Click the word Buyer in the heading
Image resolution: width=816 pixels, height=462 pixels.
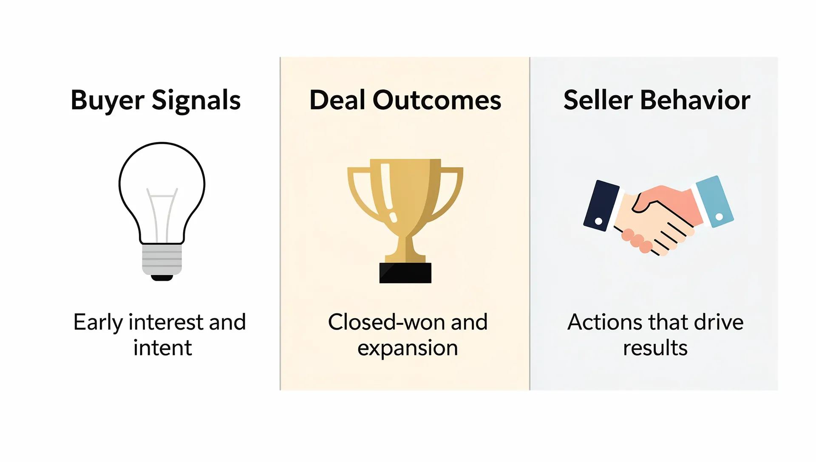[x=108, y=101]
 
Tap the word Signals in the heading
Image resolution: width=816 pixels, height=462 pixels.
[x=196, y=101]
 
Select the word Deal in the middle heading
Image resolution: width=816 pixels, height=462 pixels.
[x=337, y=101]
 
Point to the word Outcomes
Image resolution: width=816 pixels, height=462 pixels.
[x=437, y=101]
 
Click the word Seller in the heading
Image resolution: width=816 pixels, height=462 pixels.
[x=598, y=101]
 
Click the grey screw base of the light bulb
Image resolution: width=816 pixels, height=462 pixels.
[x=162, y=259]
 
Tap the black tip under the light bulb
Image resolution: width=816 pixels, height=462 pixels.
[x=162, y=278]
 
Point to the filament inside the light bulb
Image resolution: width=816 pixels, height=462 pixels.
[x=162, y=212]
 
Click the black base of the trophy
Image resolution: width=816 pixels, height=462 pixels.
[x=405, y=273]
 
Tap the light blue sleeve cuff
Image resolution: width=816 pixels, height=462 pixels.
[x=714, y=202]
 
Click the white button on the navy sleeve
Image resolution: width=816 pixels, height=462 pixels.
[x=598, y=221]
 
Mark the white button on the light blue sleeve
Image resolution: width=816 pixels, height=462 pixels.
[x=719, y=217]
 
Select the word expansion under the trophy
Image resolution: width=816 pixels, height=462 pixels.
[x=408, y=348]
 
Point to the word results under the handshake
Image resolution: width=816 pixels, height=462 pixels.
[x=655, y=348]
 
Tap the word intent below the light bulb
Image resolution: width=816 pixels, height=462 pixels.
[x=162, y=348]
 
